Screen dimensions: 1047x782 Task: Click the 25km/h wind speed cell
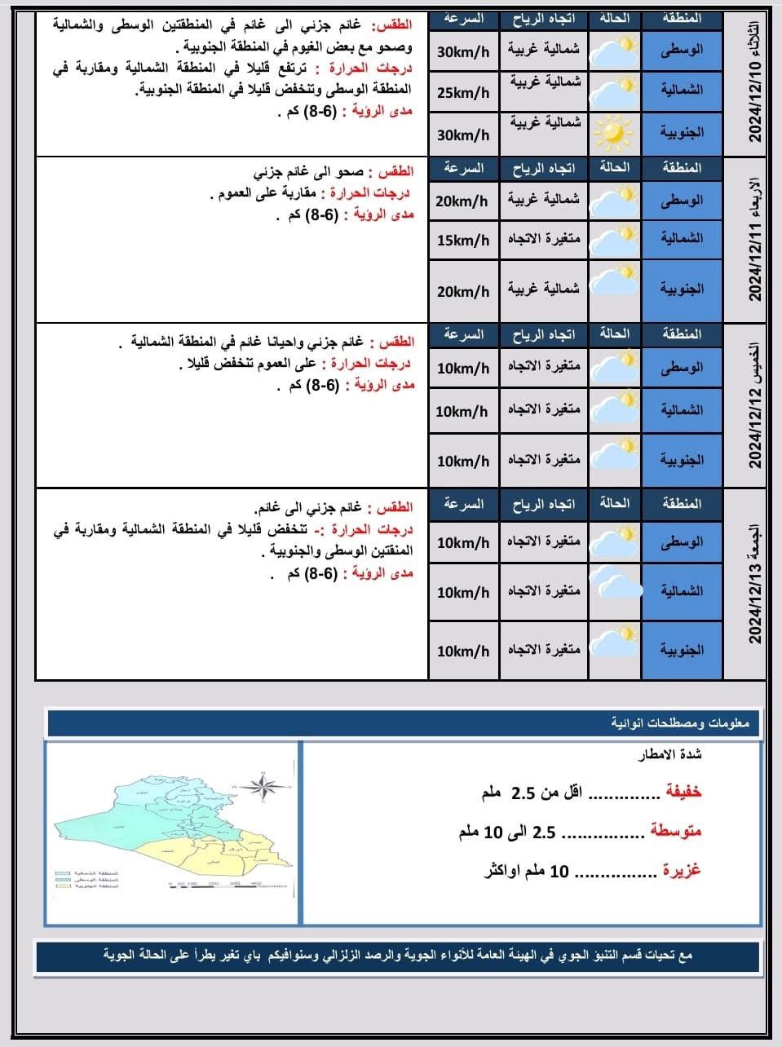463,92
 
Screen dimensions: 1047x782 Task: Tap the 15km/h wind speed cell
463,240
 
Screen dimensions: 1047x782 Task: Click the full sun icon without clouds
613,131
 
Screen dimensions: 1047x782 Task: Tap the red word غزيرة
680,870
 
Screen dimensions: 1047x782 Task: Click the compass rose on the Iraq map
263,786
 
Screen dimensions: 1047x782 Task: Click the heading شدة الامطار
669,755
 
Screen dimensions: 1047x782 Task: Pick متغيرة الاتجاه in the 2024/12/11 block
544,240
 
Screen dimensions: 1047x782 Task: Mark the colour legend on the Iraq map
86,879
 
